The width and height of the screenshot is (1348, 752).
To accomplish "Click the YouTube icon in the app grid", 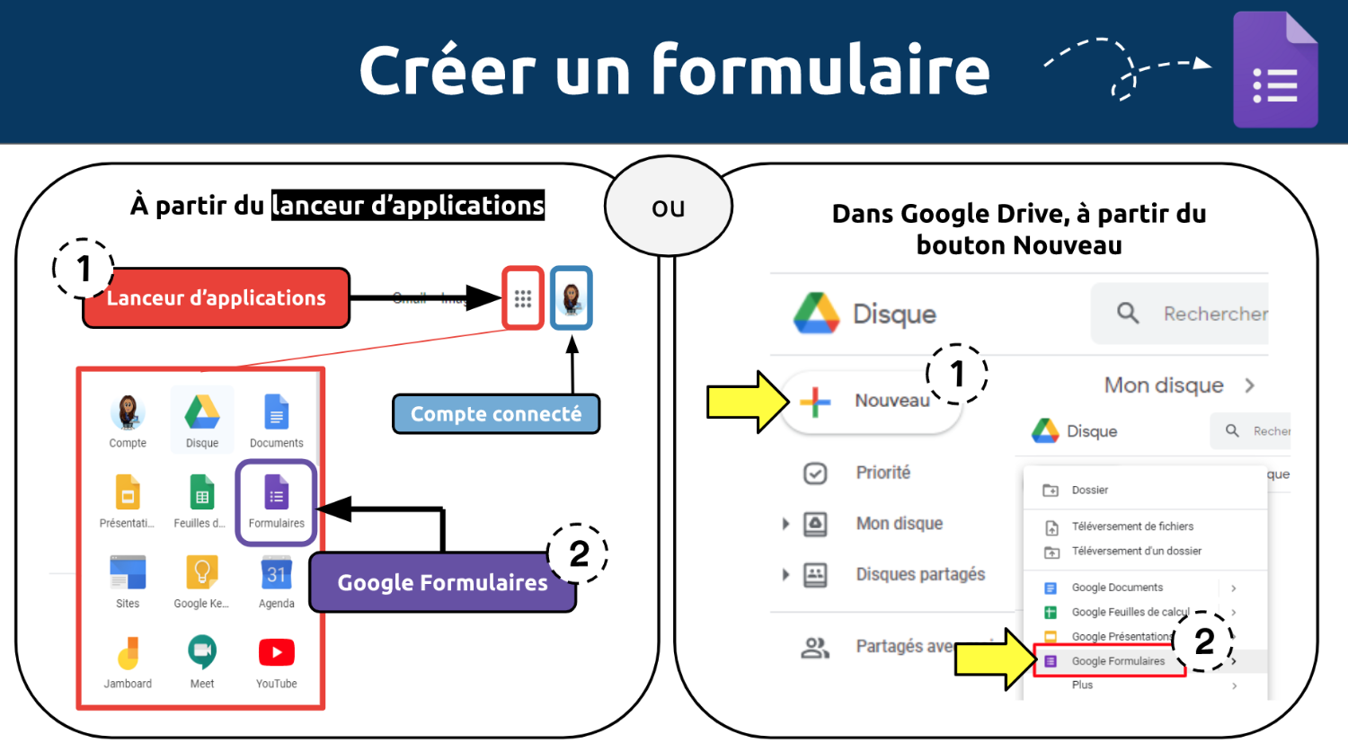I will pos(276,652).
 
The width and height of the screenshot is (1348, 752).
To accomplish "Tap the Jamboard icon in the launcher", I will pos(128,652).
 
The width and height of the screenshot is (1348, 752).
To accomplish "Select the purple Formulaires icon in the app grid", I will pos(276,493).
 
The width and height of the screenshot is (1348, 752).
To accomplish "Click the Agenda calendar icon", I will pos(276,572).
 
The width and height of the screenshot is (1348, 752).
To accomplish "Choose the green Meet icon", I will pos(202,652).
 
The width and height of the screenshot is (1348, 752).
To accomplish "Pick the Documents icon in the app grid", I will pos(276,413).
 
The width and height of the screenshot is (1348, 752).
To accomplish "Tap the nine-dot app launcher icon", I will pos(523,298).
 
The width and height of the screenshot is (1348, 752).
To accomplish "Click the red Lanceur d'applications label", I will pos(216,298).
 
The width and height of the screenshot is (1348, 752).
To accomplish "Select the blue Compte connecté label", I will pos(496,414).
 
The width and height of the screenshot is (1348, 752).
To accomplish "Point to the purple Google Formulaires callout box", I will pos(442,583).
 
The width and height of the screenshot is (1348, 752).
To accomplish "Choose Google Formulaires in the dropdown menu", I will pos(1117,661).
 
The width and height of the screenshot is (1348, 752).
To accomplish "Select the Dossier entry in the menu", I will pos(1089,491).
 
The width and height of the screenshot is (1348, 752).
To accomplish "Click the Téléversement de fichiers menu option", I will pos(1131,526).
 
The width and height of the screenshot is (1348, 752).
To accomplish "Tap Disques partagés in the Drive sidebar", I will pos(919,574).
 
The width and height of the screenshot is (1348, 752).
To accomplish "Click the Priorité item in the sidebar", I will pos(882,473).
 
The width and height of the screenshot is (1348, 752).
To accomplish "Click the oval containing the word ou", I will pos(669,207).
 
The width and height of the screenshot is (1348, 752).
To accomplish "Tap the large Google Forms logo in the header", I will pos(1275,71).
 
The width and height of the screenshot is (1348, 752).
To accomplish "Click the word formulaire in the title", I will pos(820,70).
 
